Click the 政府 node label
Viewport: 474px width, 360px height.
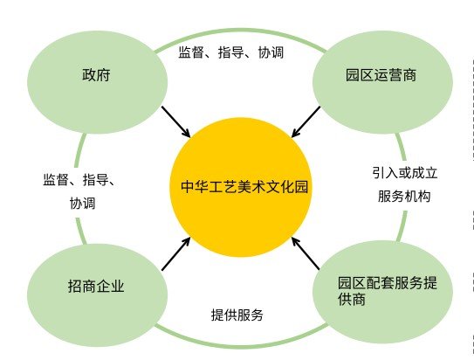click(96, 75)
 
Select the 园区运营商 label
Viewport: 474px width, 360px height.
click(381, 75)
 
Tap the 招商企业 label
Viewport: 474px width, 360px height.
click(96, 286)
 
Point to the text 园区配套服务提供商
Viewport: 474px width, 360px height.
click(388, 291)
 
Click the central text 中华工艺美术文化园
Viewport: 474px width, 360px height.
click(244, 187)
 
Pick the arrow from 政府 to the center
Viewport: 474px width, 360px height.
click(176, 121)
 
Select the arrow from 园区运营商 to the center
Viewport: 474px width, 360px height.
click(306, 121)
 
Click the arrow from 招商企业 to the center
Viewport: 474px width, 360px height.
click(176, 253)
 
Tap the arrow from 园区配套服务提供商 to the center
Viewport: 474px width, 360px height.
click(306, 253)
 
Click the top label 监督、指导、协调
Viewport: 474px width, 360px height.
click(231, 52)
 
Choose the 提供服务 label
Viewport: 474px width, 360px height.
click(237, 315)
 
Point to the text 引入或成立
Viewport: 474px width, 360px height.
click(405, 173)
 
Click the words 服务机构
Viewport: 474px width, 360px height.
click(404, 196)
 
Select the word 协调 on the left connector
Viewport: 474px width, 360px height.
click(83, 204)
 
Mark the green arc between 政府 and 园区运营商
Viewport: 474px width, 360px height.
click(240, 31)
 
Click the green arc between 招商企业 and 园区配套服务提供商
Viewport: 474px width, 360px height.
click(241, 345)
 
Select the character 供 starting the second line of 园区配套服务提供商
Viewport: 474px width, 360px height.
click(344, 299)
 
